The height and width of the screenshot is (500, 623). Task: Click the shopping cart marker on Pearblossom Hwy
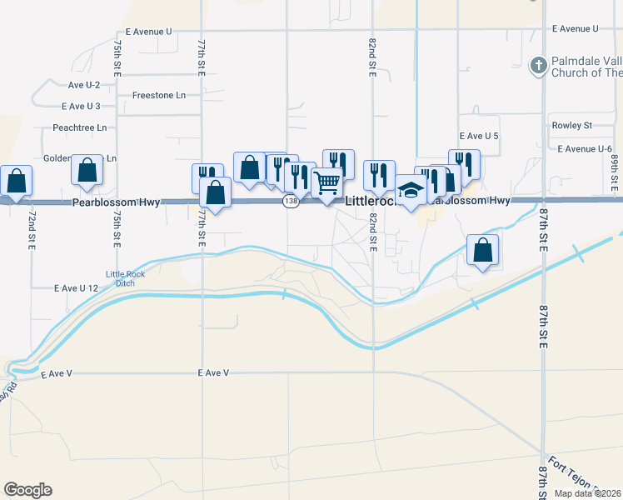tap(328, 181)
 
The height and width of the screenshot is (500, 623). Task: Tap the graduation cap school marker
tap(411, 190)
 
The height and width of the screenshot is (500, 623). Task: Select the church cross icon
tap(539, 65)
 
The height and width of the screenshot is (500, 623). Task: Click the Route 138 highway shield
tap(290, 202)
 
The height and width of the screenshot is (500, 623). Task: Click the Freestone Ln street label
tap(158, 96)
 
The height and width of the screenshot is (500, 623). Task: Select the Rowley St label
tap(571, 126)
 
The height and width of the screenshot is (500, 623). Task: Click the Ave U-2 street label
tap(83, 85)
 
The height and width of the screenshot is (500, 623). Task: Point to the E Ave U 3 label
tap(81, 106)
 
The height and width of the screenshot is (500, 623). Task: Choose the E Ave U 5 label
tap(479, 135)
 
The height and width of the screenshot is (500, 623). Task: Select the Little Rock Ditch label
tap(120, 279)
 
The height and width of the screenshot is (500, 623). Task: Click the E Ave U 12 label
tap(76, 287)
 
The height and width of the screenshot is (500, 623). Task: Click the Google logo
tap(27, 490)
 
